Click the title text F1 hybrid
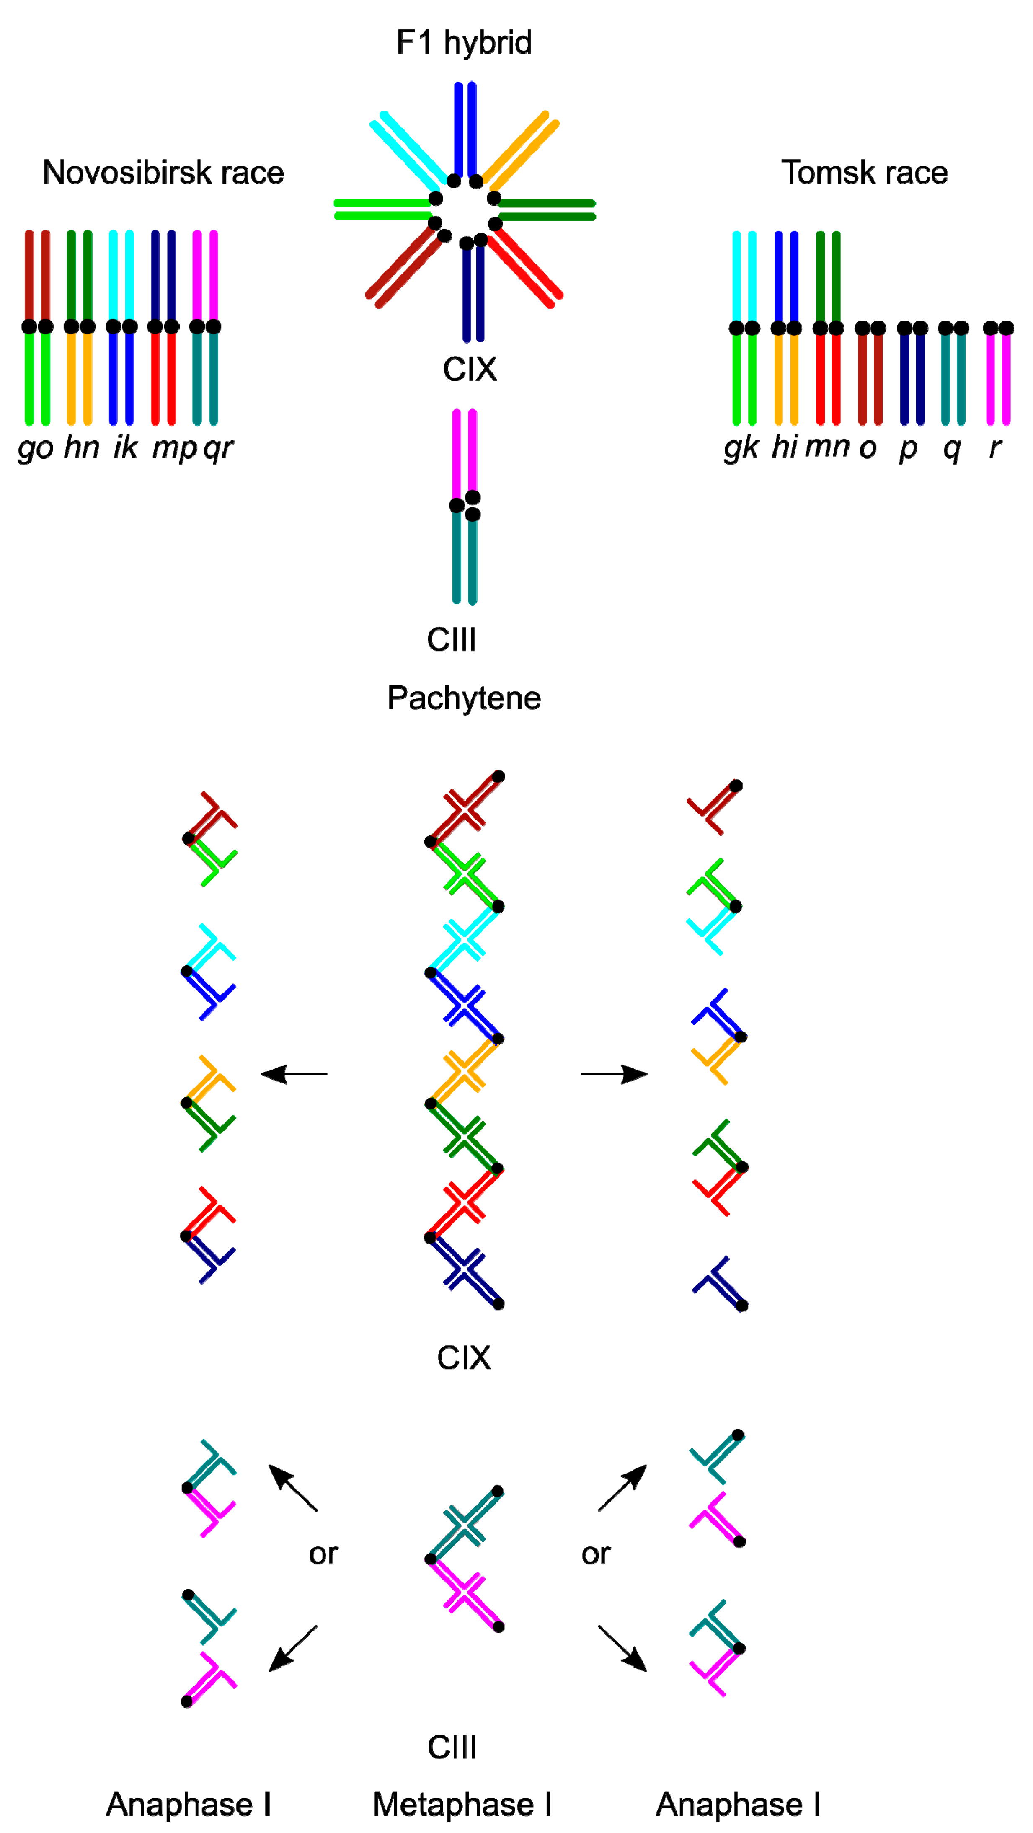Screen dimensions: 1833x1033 pos(464,43)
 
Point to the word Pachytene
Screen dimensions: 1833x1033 pos(464,698)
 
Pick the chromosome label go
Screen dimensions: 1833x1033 pos(36,448)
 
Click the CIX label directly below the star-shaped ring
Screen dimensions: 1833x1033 pos(470,369)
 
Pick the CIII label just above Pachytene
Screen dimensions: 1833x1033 pos(452,640)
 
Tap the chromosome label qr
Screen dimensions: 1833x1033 pos(218,448)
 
